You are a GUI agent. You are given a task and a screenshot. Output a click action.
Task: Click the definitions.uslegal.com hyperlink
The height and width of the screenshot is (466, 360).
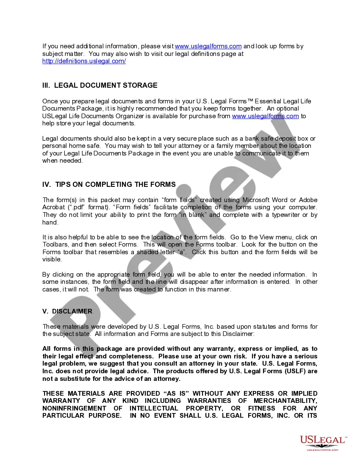(x=84, y=61)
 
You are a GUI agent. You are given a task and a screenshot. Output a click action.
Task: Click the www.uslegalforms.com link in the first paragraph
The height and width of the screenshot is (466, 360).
(x=208, y=46)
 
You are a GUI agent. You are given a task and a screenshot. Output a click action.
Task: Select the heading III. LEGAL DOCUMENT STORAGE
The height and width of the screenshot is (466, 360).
(x=100, y=85)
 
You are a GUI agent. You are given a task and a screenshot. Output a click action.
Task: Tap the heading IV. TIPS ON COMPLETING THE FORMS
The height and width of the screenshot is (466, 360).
(x=109, y=184)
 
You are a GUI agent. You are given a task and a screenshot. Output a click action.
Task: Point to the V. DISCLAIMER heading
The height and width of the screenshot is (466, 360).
(x=67, y=311)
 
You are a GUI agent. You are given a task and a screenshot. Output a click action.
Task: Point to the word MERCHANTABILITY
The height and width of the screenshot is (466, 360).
(x=285, y=401)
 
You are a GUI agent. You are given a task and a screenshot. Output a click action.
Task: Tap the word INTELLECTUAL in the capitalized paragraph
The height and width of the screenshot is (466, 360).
(x=154, y=408)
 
